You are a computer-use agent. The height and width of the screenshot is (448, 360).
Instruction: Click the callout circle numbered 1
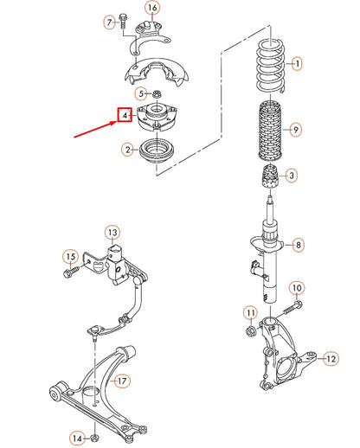pyautogui.click(x=296, y=63)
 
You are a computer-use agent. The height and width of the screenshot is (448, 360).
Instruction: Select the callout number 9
pyautogui.click(x=296, y=130)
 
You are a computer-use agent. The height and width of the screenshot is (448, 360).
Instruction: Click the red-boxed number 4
pyautogui.click(x=125, y=114)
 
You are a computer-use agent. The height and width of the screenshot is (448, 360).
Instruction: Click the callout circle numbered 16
pyautogui.click(x=152, y=9)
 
